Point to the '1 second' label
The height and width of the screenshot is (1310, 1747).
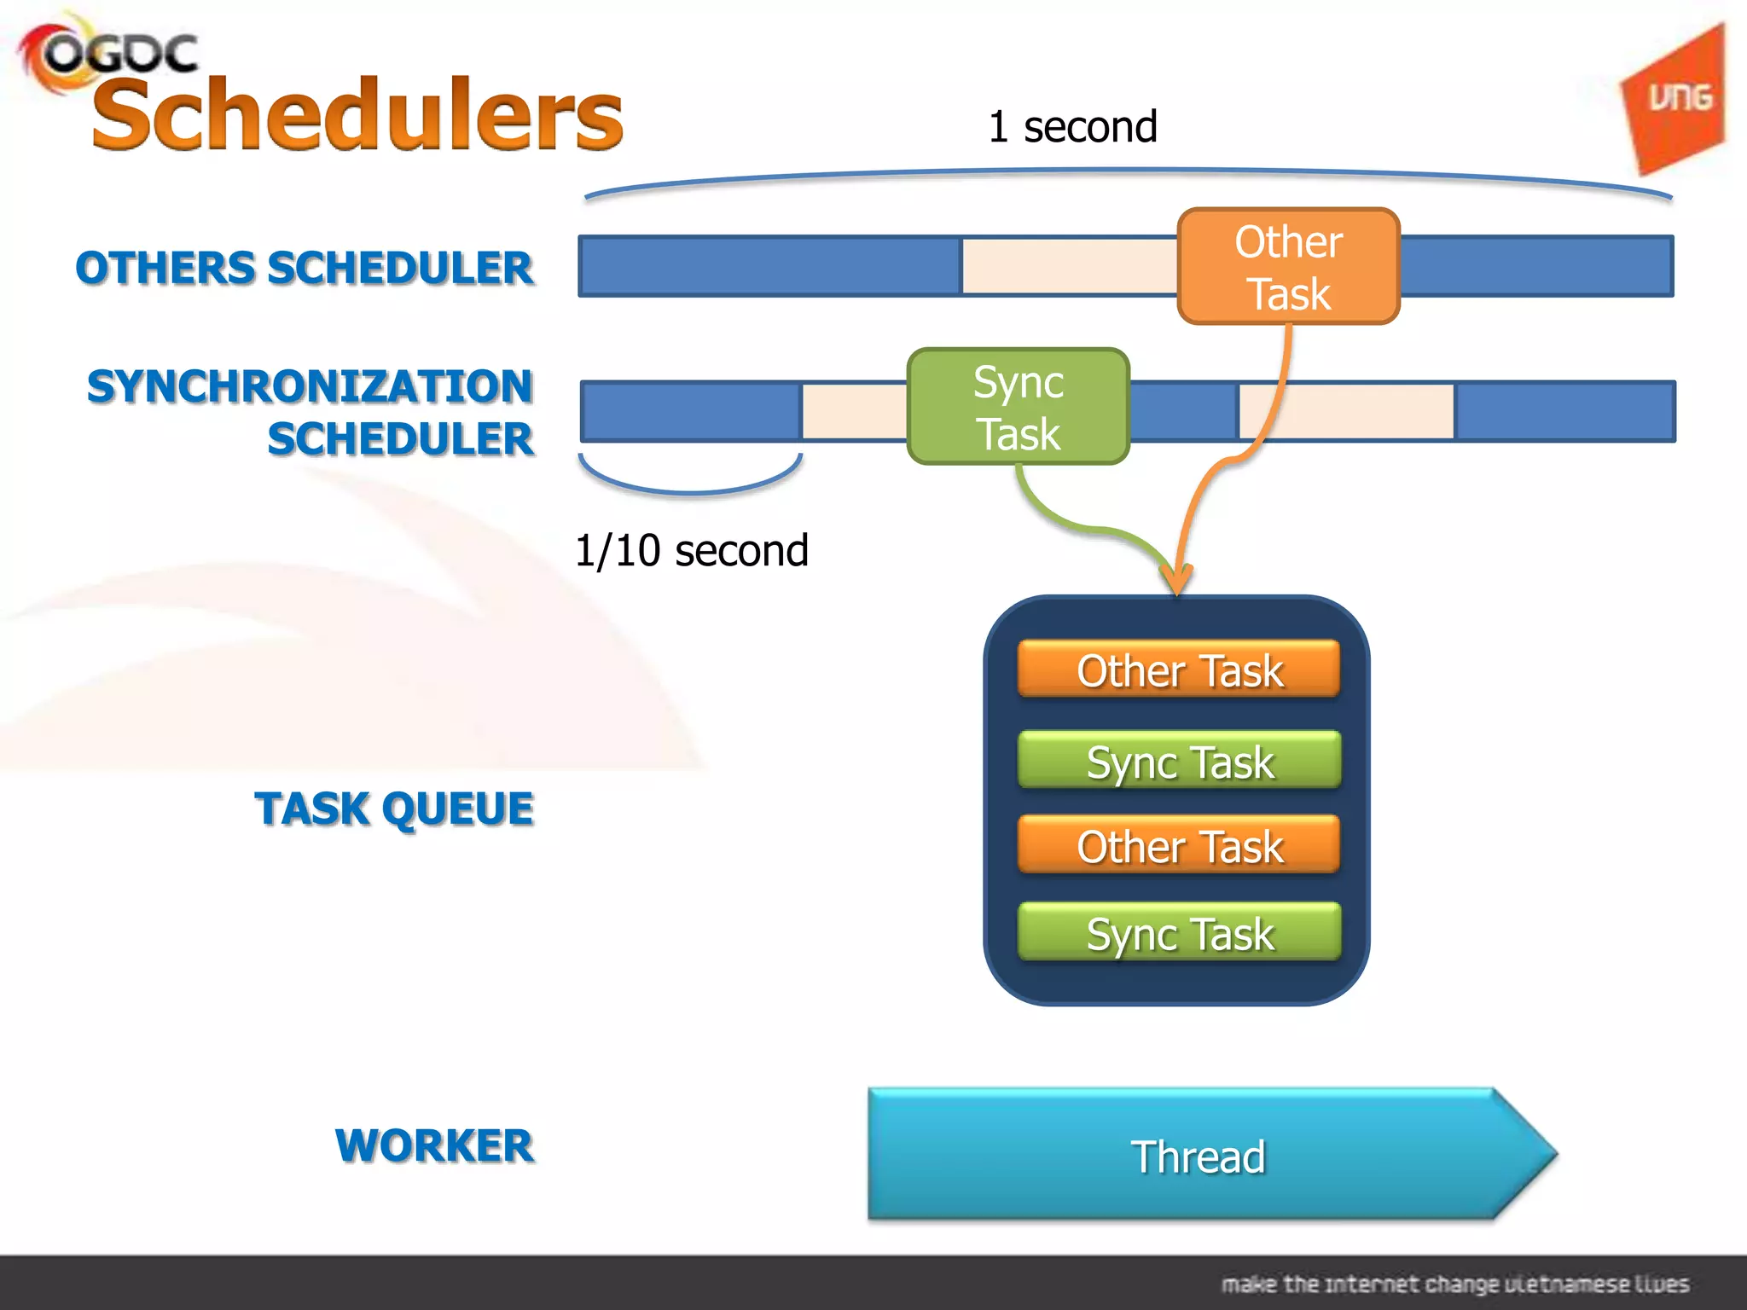click(x=1072, y=127)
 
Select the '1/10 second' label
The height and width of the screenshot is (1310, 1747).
click(x=691, y=550)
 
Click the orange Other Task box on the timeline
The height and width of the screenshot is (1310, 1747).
click(x=1288, y=266)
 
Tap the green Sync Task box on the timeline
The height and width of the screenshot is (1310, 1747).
click(x=1019, y=407)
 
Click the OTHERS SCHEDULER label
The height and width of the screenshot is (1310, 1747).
click(x=305, y=268)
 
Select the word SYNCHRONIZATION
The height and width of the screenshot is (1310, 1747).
click(x=310, y=386)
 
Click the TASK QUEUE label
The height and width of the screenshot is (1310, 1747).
click(x=394, y=809)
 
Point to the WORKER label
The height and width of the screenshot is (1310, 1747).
click(x=434, y=1145)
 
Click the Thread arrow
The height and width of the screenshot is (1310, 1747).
click(x=1198, y=1156)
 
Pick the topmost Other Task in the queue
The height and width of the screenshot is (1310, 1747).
click(x=1179, y=669)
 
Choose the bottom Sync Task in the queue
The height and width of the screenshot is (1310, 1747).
click(x=1179, y=933)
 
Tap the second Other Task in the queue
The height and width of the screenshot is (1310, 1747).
click(x=1179, y=846)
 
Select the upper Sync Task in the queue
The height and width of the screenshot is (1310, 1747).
click(x=1179, y=761)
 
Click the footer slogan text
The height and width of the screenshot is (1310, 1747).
click(x=1454, y=1284)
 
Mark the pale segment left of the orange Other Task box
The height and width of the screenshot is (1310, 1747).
click(x=1070, y=266)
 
